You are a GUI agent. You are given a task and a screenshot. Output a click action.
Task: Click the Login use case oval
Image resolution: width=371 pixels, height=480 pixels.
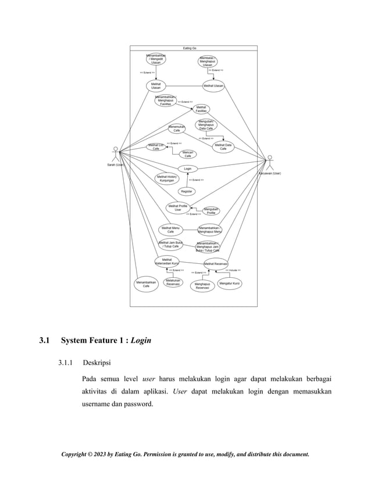(x=188, y=169)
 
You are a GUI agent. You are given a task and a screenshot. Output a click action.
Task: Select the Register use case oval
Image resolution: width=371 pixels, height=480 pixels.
(x=187, y=191)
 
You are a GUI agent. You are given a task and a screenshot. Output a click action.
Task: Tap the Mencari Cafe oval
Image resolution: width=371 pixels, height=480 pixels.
(x=188, y=154)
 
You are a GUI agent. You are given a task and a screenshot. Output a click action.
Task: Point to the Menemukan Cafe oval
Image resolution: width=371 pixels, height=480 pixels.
(x=177, y=128)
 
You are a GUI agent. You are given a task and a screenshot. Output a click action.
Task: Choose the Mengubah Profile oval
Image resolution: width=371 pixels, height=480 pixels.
(x=211, y=211)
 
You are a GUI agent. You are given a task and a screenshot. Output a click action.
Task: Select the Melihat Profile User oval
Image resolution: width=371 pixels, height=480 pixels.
(x=178, y=207)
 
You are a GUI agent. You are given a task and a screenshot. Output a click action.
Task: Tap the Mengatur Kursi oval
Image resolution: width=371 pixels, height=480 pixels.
(x=230, y=283)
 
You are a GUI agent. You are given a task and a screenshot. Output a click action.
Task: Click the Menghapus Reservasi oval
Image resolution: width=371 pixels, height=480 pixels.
(x=202, y=285)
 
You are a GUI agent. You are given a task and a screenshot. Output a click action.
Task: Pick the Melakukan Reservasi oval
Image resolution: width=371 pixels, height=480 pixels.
(x=172, y=282)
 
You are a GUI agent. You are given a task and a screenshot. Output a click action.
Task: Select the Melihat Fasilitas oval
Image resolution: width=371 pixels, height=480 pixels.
(x=201, y=109)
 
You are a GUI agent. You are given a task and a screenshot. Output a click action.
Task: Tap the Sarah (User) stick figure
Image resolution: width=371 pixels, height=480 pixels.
(x=116, y=153)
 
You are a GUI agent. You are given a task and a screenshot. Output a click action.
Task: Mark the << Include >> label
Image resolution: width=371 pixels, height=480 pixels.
(x=233, y=270)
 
